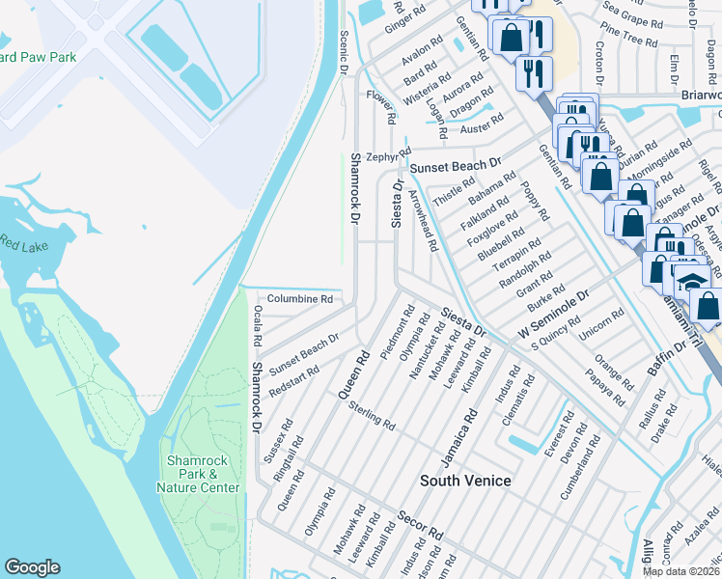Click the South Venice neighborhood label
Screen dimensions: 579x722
click(465, 480)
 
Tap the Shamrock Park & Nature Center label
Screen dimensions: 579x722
click(198, 474)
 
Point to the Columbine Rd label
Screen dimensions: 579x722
click(299, 299)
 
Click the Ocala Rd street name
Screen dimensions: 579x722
click(258, 326)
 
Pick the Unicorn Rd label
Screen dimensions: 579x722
click(603, 330)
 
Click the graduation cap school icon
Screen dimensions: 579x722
click(690, 281)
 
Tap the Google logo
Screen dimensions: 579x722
click(32, 567)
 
